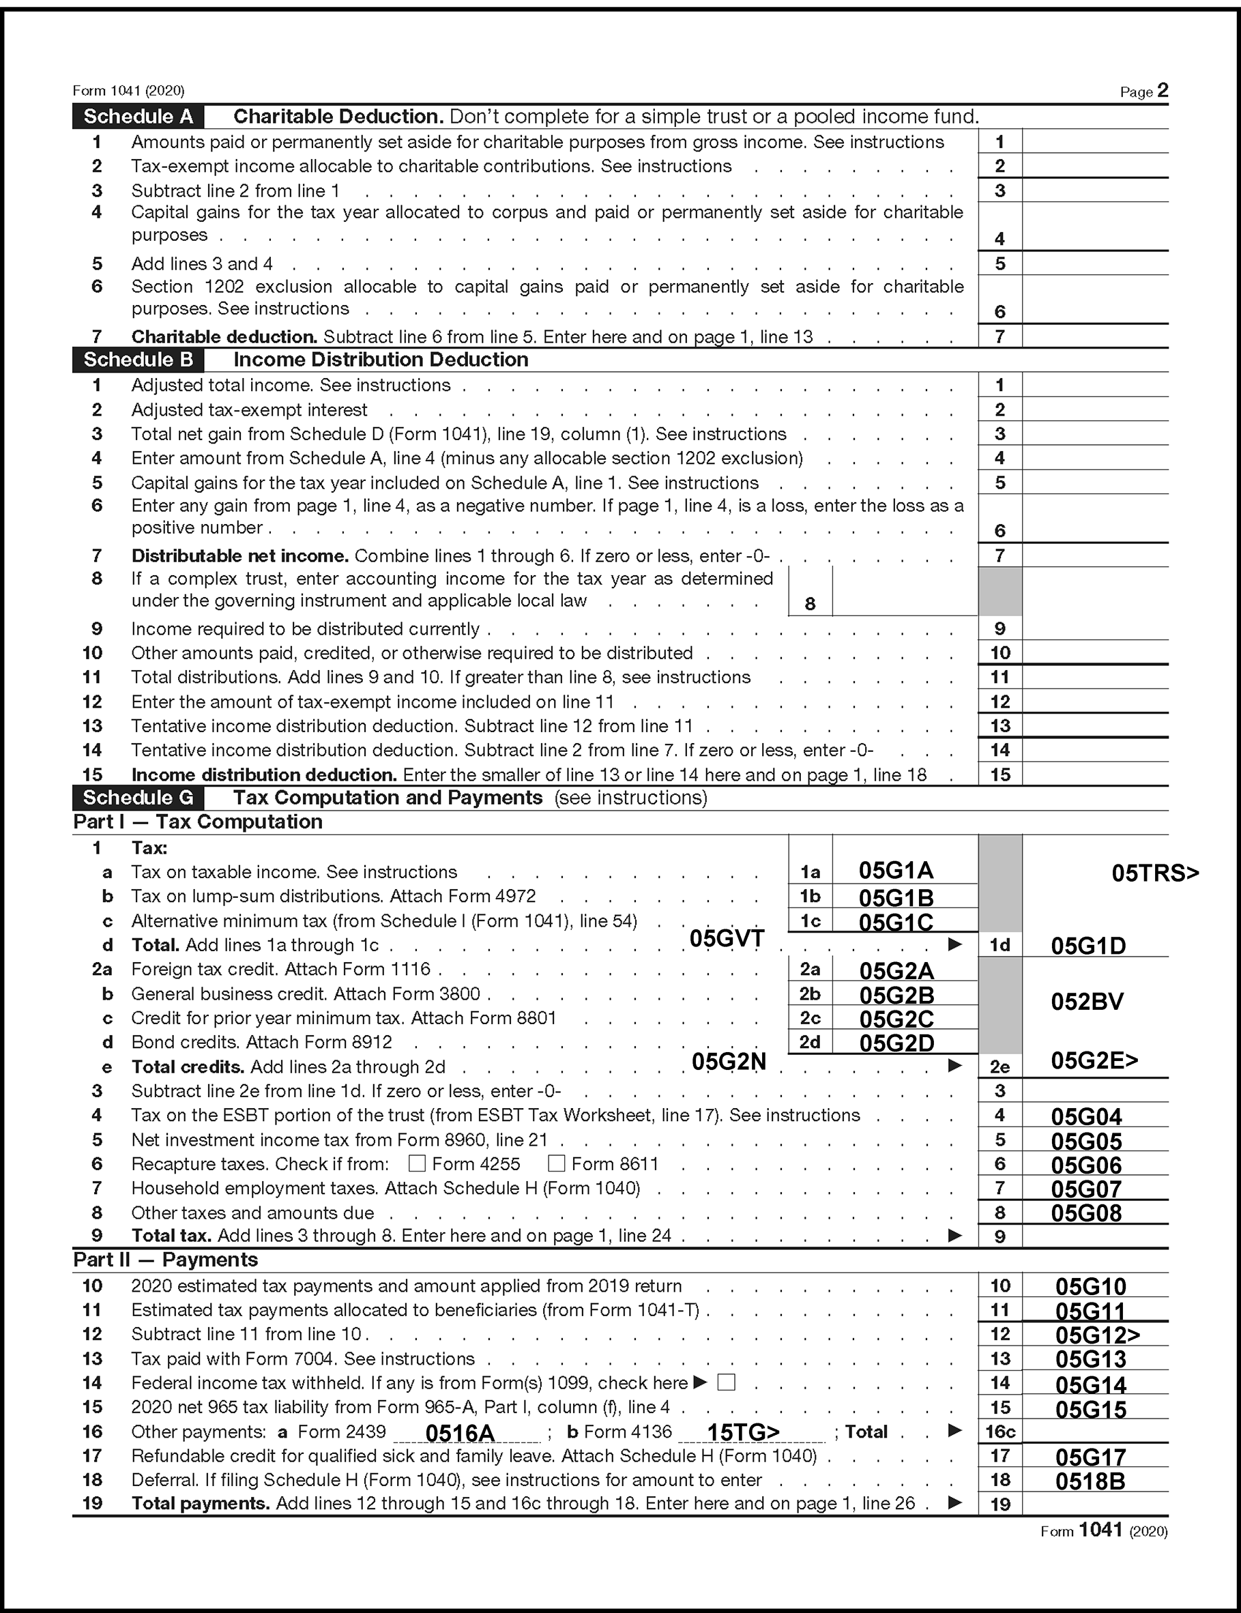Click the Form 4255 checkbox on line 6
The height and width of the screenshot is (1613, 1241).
pos(417,1164)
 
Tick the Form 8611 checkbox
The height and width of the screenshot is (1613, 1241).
pos(556,1164)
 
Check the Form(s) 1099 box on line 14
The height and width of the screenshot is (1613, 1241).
pos(727,1382)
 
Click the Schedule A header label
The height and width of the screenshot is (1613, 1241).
pos(138,117)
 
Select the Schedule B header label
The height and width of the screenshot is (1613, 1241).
pos(138,360)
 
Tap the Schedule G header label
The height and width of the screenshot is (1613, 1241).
pos(138,798)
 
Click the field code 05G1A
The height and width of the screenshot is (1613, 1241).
pos(895,871)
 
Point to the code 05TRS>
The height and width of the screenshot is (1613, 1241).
pos(1154,873)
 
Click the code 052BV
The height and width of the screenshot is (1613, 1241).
pos(1087,1002)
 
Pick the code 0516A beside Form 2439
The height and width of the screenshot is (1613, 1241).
pos(459,1434)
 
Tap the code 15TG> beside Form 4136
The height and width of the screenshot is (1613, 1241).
pos(743,1432)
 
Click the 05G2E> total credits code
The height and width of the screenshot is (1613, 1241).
pos(1094,1060)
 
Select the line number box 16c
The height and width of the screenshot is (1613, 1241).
pos(1000,1432)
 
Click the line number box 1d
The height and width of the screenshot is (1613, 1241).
pos(1000,945)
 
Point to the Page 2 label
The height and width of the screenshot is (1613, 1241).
pos(1143,91)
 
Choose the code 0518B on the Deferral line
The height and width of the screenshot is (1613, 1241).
pos(1090,1481)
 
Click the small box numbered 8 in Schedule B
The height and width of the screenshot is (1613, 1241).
pos(811,603)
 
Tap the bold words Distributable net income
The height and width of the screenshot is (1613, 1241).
pos(239,555)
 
